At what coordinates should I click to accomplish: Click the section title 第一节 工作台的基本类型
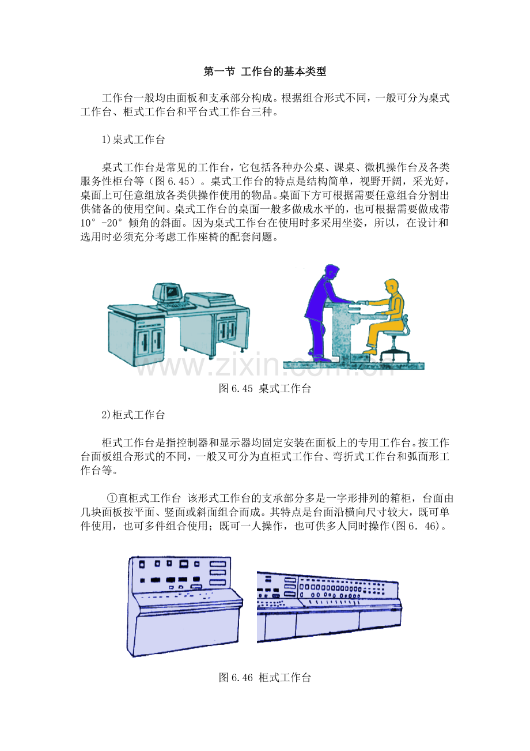[x=264, y=72]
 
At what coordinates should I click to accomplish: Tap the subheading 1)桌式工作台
[x=133, y=140]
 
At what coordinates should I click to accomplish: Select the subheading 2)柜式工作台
[x=133, y=415]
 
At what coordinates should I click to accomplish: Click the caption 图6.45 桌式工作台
[x=265, y=388]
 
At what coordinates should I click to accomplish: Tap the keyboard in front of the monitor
[x=176, y=306]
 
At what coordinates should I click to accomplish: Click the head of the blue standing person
[x=331, y=271]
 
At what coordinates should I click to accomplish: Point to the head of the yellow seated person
[x=391, y=286]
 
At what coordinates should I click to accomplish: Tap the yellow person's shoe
[x=370, y=351]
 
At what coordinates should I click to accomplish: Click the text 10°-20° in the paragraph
[x=102, y=223]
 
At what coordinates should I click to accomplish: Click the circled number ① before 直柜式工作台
[x=112, y=498]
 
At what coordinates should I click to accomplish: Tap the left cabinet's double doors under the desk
[x=149, y=341]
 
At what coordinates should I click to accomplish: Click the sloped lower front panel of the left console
[x=183, y=631]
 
